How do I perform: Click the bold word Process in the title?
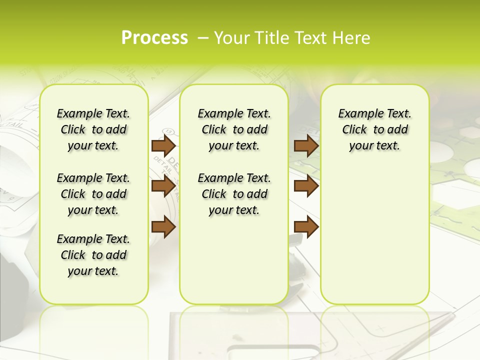pyautogui.click(x=154, y=38)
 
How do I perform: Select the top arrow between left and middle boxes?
pyautogui.click(x=163, y=146)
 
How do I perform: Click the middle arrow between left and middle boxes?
pyautogui.click(x=163, y=186)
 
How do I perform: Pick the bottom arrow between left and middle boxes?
pyautogui.click(x=163, y=227)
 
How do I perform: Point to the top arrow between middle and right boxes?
pyautogui.click(x=306, y=146)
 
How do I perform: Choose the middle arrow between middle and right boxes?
pyautogui.click(x=306, y=186)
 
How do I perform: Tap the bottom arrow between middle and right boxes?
pyautogui.click(x=306, y=227)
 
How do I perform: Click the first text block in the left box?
pyautogui.click(x=93, y=130)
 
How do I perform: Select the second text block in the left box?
pyautogui.click(x=93, y=194)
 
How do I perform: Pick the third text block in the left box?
pyautogui.click(x=93, y=255)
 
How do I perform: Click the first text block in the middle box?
pyautogui.click(x=234, y=130)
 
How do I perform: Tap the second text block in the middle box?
pyautogui.click(x=234, y=194)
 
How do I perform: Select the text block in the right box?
pyautogui.click(x=374, y=130)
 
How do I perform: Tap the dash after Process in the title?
pyautogui.click(x=203, y=38)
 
